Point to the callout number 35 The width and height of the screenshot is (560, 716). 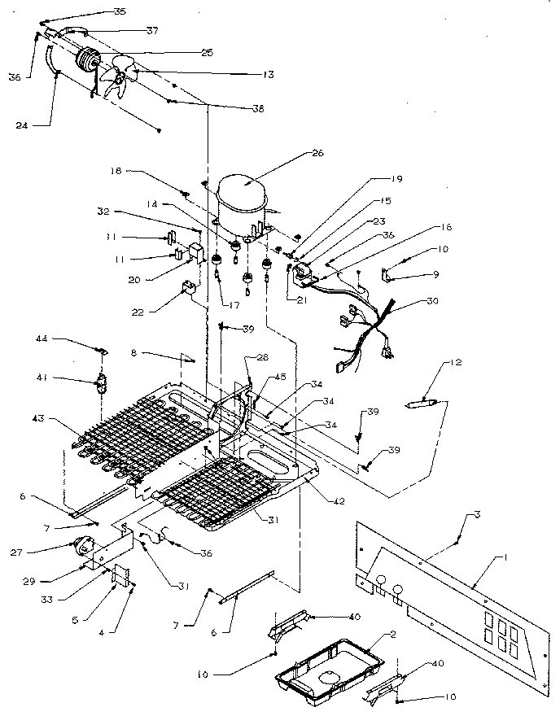tap(120, 12)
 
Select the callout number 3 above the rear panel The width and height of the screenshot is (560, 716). tap(476, 517)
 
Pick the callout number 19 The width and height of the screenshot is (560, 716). tap(397, 178)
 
